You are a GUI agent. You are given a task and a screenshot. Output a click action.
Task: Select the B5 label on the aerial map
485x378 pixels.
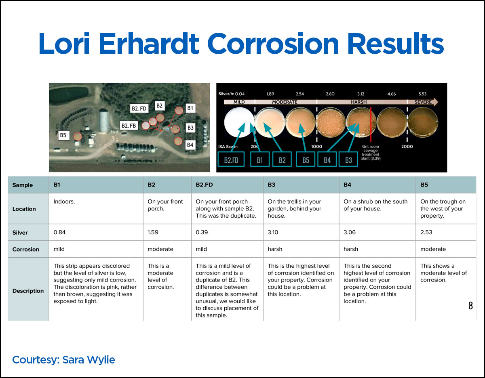pyautogui.click(x=63, y=135)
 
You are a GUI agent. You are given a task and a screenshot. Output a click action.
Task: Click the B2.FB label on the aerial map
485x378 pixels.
pyautogui.click(x=129, y=126)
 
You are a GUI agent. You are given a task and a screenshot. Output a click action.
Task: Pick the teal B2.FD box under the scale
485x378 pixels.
pyautogui.click(x=231, y=160)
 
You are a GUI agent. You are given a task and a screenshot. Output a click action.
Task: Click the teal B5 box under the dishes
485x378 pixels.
pyautogui.click(x=306, y=160)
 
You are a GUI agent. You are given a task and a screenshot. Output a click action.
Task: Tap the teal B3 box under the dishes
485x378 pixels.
pyautogui.click(x=348, y=160)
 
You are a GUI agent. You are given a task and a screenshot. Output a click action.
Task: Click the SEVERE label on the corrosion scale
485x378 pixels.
pyautogui.click(x=423, y=102)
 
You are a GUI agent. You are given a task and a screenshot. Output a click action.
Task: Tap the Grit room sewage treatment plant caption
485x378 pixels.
pyautogui.click(x=371, y=153)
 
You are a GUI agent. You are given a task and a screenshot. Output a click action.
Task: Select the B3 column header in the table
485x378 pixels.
pyautogui.click(x=272, y=185)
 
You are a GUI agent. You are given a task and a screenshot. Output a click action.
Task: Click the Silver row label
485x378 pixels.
pyautogui.click(x=20, y=232)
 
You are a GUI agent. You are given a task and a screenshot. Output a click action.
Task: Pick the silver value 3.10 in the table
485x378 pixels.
pyautogui.click(x=274, y=232)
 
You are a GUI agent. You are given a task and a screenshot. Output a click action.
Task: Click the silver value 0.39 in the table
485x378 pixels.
pyautogui.click(x=201, y=232)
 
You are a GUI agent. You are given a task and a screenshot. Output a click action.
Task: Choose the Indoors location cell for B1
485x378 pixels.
pyautogui.click(x=64, y=202)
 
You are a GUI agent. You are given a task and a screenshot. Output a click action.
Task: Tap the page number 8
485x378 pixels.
pyautogui.click(x=470, y=306)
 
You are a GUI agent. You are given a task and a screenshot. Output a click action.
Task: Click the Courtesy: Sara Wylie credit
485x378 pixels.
pyautogui.click(x=63, y=359)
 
